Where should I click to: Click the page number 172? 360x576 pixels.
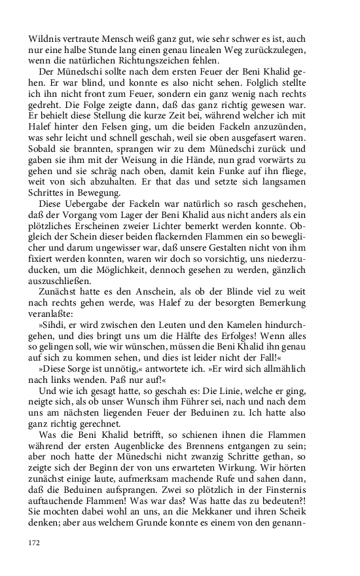click(35, 543)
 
